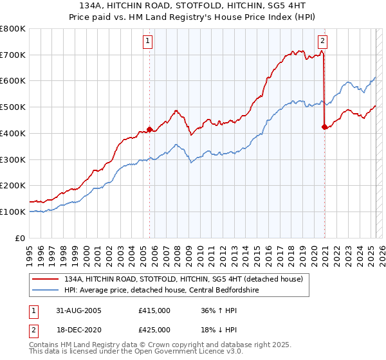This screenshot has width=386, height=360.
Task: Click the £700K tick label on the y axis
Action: [x=13, y=55]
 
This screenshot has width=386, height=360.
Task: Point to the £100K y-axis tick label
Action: [x=13, y=212]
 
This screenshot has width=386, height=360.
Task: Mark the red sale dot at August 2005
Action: [x=150, y=129]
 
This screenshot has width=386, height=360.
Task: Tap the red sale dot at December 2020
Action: [x=324, y=127]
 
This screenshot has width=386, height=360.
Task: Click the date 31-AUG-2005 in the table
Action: [x=78, y=310]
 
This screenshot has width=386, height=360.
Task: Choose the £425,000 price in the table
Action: [x=154, y=330]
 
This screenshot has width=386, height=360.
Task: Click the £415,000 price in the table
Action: [x=154, y=310]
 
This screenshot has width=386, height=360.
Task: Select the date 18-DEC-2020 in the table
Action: [x=78, y=330]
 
